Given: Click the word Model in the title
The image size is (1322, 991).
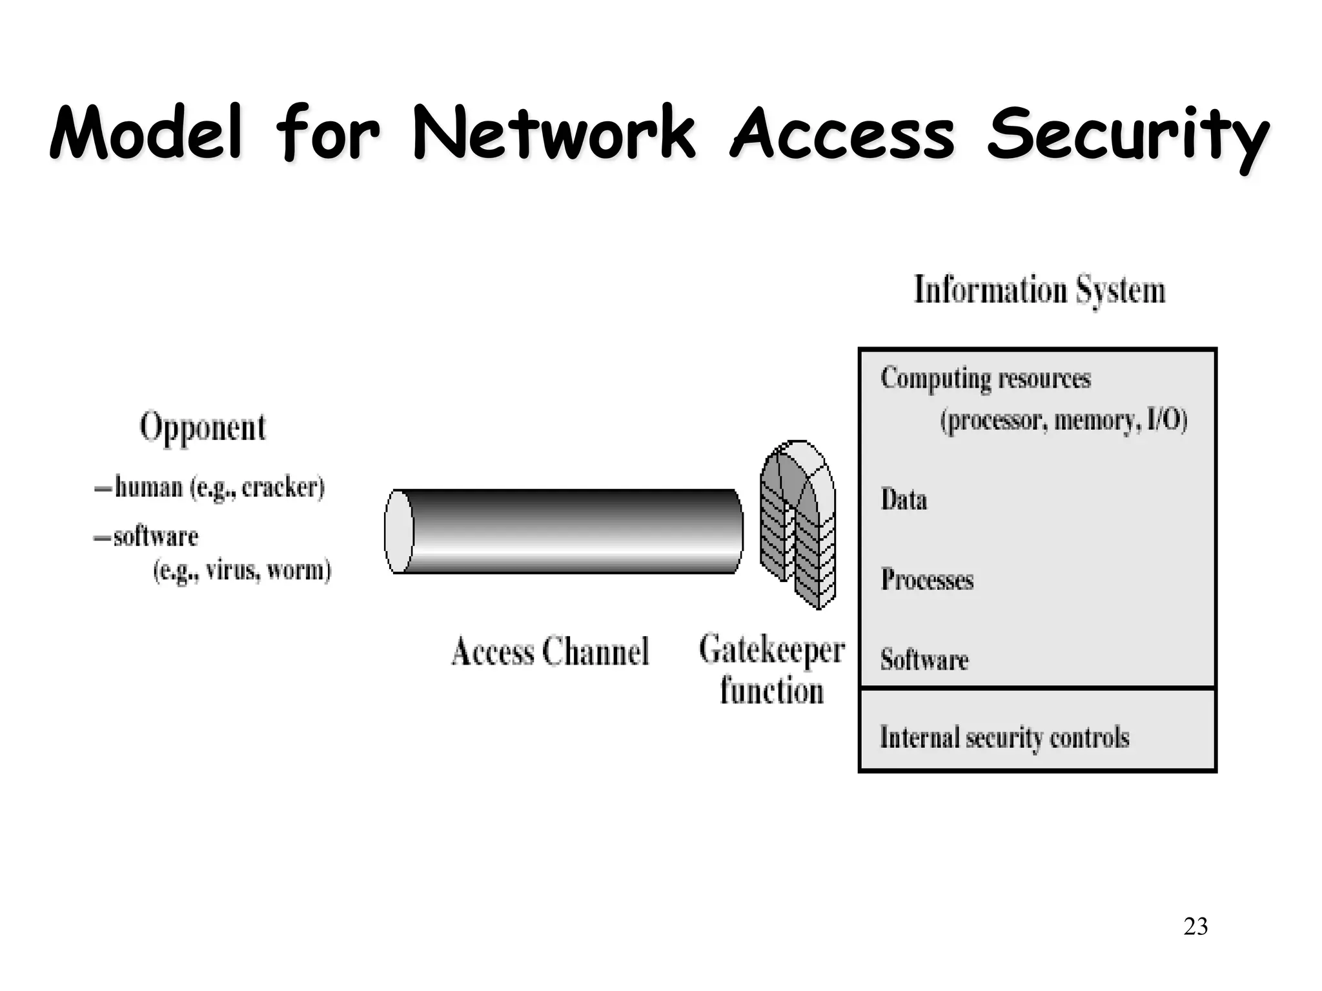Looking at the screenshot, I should coord(147,134).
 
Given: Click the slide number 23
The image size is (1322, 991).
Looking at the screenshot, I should coord(1195,926).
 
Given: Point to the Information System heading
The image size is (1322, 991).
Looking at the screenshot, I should coord(1039,290).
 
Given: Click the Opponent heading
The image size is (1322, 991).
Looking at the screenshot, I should coord(203,427).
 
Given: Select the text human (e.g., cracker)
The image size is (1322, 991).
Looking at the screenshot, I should coord(219,487).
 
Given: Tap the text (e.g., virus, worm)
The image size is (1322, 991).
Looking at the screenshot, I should coord(242,570).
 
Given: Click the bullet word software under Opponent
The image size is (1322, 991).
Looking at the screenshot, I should coord(156,537).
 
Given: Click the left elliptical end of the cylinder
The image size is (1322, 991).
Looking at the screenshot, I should coord(400,531).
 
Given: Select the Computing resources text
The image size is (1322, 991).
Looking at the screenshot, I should coord(985,378).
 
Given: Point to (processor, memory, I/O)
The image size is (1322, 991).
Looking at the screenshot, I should coord(1063,421).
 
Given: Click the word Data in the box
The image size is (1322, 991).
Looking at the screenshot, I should coord(904,499).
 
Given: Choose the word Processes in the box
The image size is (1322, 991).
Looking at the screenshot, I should coord(927,579).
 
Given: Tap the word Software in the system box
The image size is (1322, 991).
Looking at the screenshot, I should coord(924,659).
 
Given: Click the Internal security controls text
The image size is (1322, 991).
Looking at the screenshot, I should coord(1004,737).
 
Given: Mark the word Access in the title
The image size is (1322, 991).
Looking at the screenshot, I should coord(842,134).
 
